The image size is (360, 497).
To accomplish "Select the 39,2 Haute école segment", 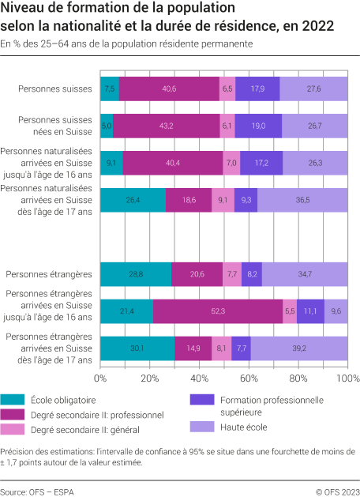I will coord(299,348).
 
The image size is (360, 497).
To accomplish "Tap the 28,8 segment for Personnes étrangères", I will coord(136,274).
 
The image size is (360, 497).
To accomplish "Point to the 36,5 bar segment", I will coord(302,201).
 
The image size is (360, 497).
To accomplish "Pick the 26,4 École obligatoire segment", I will coord(133,201).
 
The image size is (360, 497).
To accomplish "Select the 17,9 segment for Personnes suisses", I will coord(257,89).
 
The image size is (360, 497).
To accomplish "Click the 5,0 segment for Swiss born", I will coord(107,126).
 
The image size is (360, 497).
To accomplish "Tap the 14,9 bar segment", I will coord(193,348).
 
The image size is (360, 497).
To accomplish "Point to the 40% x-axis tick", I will coord(199,378).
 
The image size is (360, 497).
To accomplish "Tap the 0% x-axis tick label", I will coord(100,378).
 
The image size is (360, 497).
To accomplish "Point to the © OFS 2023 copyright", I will coord(333,490).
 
